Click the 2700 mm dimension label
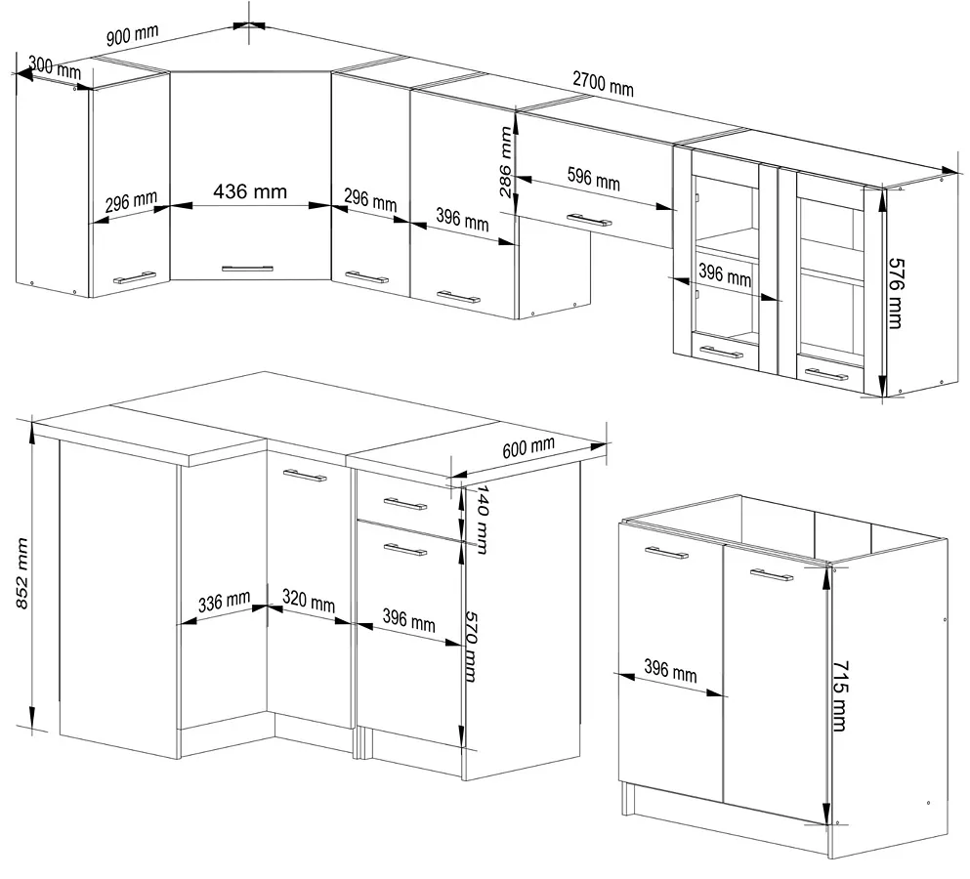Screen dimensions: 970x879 click(603, 84)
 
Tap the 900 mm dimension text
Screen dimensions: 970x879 click(132, 34)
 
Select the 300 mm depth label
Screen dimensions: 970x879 click(55, 66)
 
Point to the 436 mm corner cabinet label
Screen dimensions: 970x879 click(250, 191)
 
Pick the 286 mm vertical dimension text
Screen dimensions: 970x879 click(505, 161)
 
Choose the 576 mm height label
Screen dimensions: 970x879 click(897, 293)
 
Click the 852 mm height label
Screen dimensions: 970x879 click(21, 573)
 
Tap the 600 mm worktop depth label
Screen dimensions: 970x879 click(528, 447)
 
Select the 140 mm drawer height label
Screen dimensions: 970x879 click(482, 519)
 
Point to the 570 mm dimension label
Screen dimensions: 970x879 click(471, 647)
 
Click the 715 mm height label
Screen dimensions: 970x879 click(840, 696)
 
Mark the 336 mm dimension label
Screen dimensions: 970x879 click(224, 602)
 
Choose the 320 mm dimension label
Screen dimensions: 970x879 click(309, 602)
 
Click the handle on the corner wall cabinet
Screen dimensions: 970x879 click(247, 269)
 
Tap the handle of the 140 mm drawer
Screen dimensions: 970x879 click(405, 504)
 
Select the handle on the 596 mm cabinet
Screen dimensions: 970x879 click(590, 220)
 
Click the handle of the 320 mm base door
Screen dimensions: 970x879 click(305, 475)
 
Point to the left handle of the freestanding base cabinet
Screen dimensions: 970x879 click(666, 553)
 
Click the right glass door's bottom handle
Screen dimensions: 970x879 click(827, 374)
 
